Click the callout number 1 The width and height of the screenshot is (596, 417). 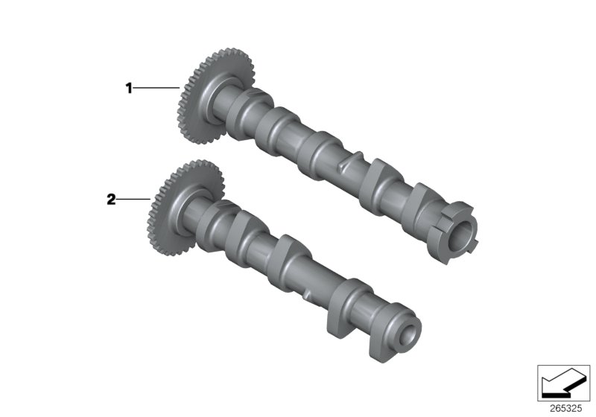128,89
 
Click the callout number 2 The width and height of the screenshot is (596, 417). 111,200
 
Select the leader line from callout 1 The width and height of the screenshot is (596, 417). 156,89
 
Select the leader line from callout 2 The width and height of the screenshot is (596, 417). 134,200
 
